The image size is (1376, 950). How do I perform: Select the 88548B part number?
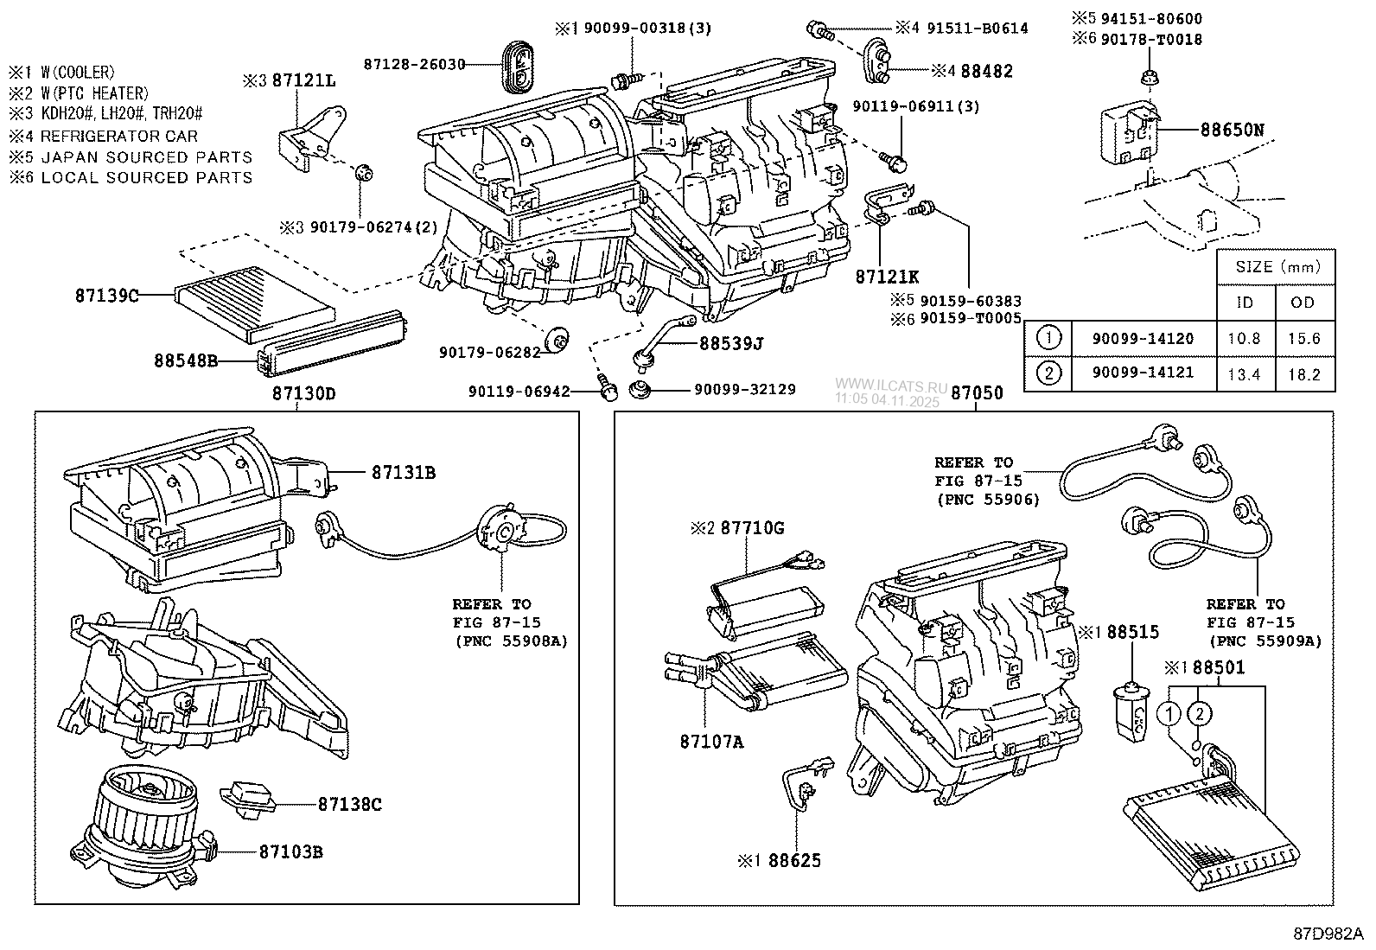pyautogui.click(x=185, y=360)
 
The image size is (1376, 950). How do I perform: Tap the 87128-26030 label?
pyautogui.click(x=414, y=64)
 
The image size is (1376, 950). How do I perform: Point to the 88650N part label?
pyautogui.click(x=1232, y=131)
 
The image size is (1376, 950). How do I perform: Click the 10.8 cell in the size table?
pyautogui.click(x=1244, y=339)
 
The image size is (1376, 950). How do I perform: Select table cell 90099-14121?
pyautogui.click(x=1142, y=373)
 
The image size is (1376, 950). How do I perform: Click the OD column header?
pyautogui.click(x=1303, y=303)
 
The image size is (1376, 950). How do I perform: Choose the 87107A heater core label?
pyautogui.click(x=711, y=742)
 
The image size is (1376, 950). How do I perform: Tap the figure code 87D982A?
pyautogui.click(x=1328, y=934)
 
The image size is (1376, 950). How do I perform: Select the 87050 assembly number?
pyautogui.click(x=977, y=393)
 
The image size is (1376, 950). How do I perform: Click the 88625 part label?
pyautogui.click(x=794, y=861)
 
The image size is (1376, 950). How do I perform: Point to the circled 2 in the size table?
pyautogui.click(x=1048, y=373)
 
